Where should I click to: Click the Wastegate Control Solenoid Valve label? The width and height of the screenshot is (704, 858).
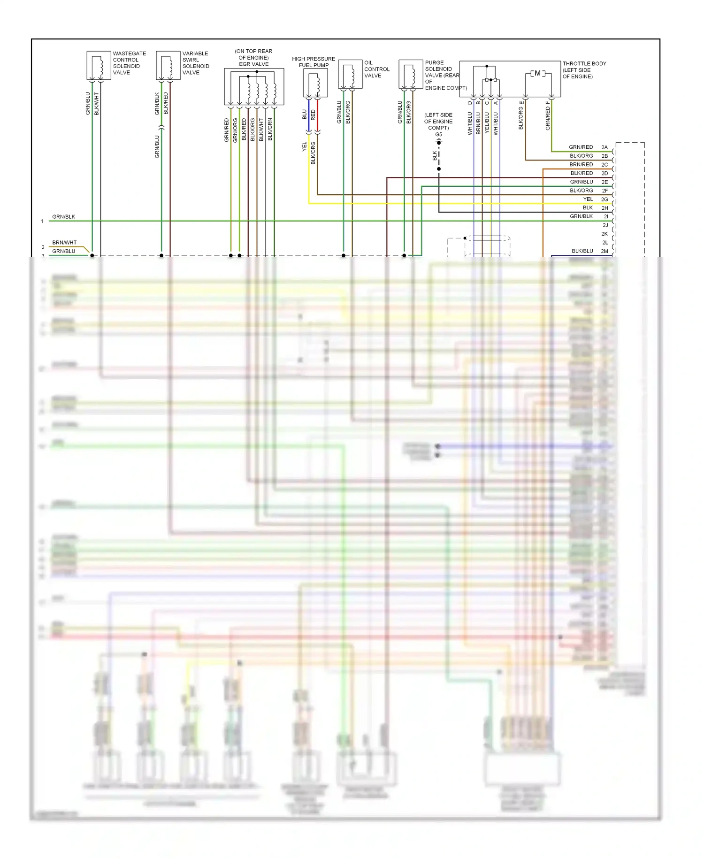129,63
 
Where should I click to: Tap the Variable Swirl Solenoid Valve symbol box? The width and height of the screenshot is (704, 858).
168,65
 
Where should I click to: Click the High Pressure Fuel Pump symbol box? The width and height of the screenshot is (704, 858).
315,83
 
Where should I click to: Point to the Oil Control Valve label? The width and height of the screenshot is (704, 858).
376,69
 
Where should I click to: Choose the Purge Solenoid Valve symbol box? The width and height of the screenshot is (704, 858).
411,74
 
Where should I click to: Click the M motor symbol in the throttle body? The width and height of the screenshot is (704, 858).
537,73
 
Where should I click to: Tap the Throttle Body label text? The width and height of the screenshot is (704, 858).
584,70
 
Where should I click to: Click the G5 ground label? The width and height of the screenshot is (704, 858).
438,134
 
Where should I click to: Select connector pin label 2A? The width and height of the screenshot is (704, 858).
605,147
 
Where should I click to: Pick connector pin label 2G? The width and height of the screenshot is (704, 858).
605,199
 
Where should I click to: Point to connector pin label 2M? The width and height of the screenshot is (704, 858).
605,252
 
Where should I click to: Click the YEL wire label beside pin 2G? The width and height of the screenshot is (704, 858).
588,199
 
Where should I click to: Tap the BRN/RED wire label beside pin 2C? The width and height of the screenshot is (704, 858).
581,165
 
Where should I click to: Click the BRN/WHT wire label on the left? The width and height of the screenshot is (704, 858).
64,243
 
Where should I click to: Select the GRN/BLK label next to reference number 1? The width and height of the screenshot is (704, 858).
63,217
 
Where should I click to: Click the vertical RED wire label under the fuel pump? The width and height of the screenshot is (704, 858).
313,115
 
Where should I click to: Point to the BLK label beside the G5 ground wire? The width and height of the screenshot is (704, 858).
435,155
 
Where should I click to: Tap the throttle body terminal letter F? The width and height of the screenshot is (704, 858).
547,102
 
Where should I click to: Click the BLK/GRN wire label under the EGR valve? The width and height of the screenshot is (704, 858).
270,129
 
